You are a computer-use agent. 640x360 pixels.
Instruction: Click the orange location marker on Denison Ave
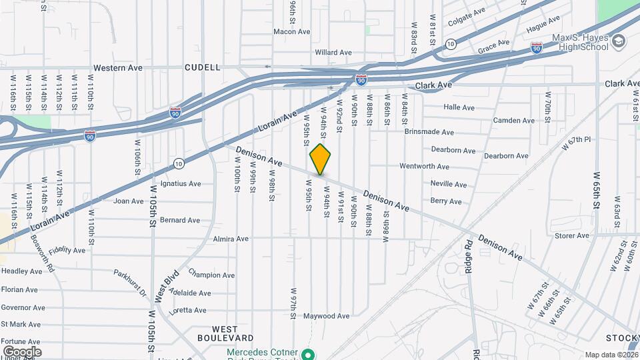[x=320, y=159]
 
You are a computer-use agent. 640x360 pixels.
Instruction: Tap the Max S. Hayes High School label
[x=579, y=41]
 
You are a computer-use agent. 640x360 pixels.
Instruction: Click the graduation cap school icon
[x=619, y=42]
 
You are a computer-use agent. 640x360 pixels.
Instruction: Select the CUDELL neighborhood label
[x=203, y=67]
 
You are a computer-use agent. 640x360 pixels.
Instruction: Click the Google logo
[x=22, y=352]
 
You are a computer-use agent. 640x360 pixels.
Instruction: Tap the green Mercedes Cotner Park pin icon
[x=308, y=353]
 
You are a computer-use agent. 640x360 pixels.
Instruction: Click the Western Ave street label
[x=118, y=68]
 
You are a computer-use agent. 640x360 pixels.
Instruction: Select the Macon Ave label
[x=292, y=31]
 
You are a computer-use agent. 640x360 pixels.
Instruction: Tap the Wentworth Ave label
[x=424, y=166]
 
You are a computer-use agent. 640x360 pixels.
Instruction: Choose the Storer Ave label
[x=572, y=235]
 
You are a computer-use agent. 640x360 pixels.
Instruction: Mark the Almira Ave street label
[x=230, y=239]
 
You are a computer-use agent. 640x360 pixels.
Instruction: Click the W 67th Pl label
[x=577, y=143]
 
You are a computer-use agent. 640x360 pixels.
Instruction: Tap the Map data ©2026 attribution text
[x=611, y=355]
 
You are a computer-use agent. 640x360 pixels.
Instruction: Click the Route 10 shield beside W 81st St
[x=451, y=44]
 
